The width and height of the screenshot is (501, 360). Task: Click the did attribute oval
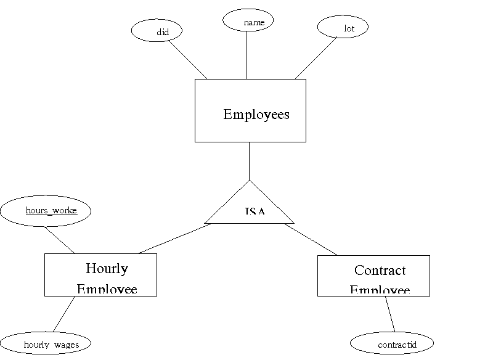157,31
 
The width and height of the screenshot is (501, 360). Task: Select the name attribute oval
248,20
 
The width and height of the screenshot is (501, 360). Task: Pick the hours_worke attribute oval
46,211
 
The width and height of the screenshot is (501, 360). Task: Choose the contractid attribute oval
391,343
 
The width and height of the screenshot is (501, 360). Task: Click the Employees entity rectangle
250,110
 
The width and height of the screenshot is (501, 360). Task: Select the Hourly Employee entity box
100,275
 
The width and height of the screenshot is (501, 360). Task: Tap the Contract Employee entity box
373,276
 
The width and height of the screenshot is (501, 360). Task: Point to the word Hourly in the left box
107,269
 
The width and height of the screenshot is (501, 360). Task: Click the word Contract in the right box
380,270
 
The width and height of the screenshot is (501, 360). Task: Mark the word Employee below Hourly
107,289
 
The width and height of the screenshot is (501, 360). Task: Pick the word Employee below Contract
380,290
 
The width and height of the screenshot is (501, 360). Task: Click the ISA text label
255,211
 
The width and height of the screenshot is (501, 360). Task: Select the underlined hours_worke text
51,211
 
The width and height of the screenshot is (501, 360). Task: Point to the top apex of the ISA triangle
249,181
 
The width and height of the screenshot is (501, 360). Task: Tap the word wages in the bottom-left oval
67,345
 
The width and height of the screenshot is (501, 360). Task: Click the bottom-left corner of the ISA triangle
207,222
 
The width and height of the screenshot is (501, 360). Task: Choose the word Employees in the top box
256,115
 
